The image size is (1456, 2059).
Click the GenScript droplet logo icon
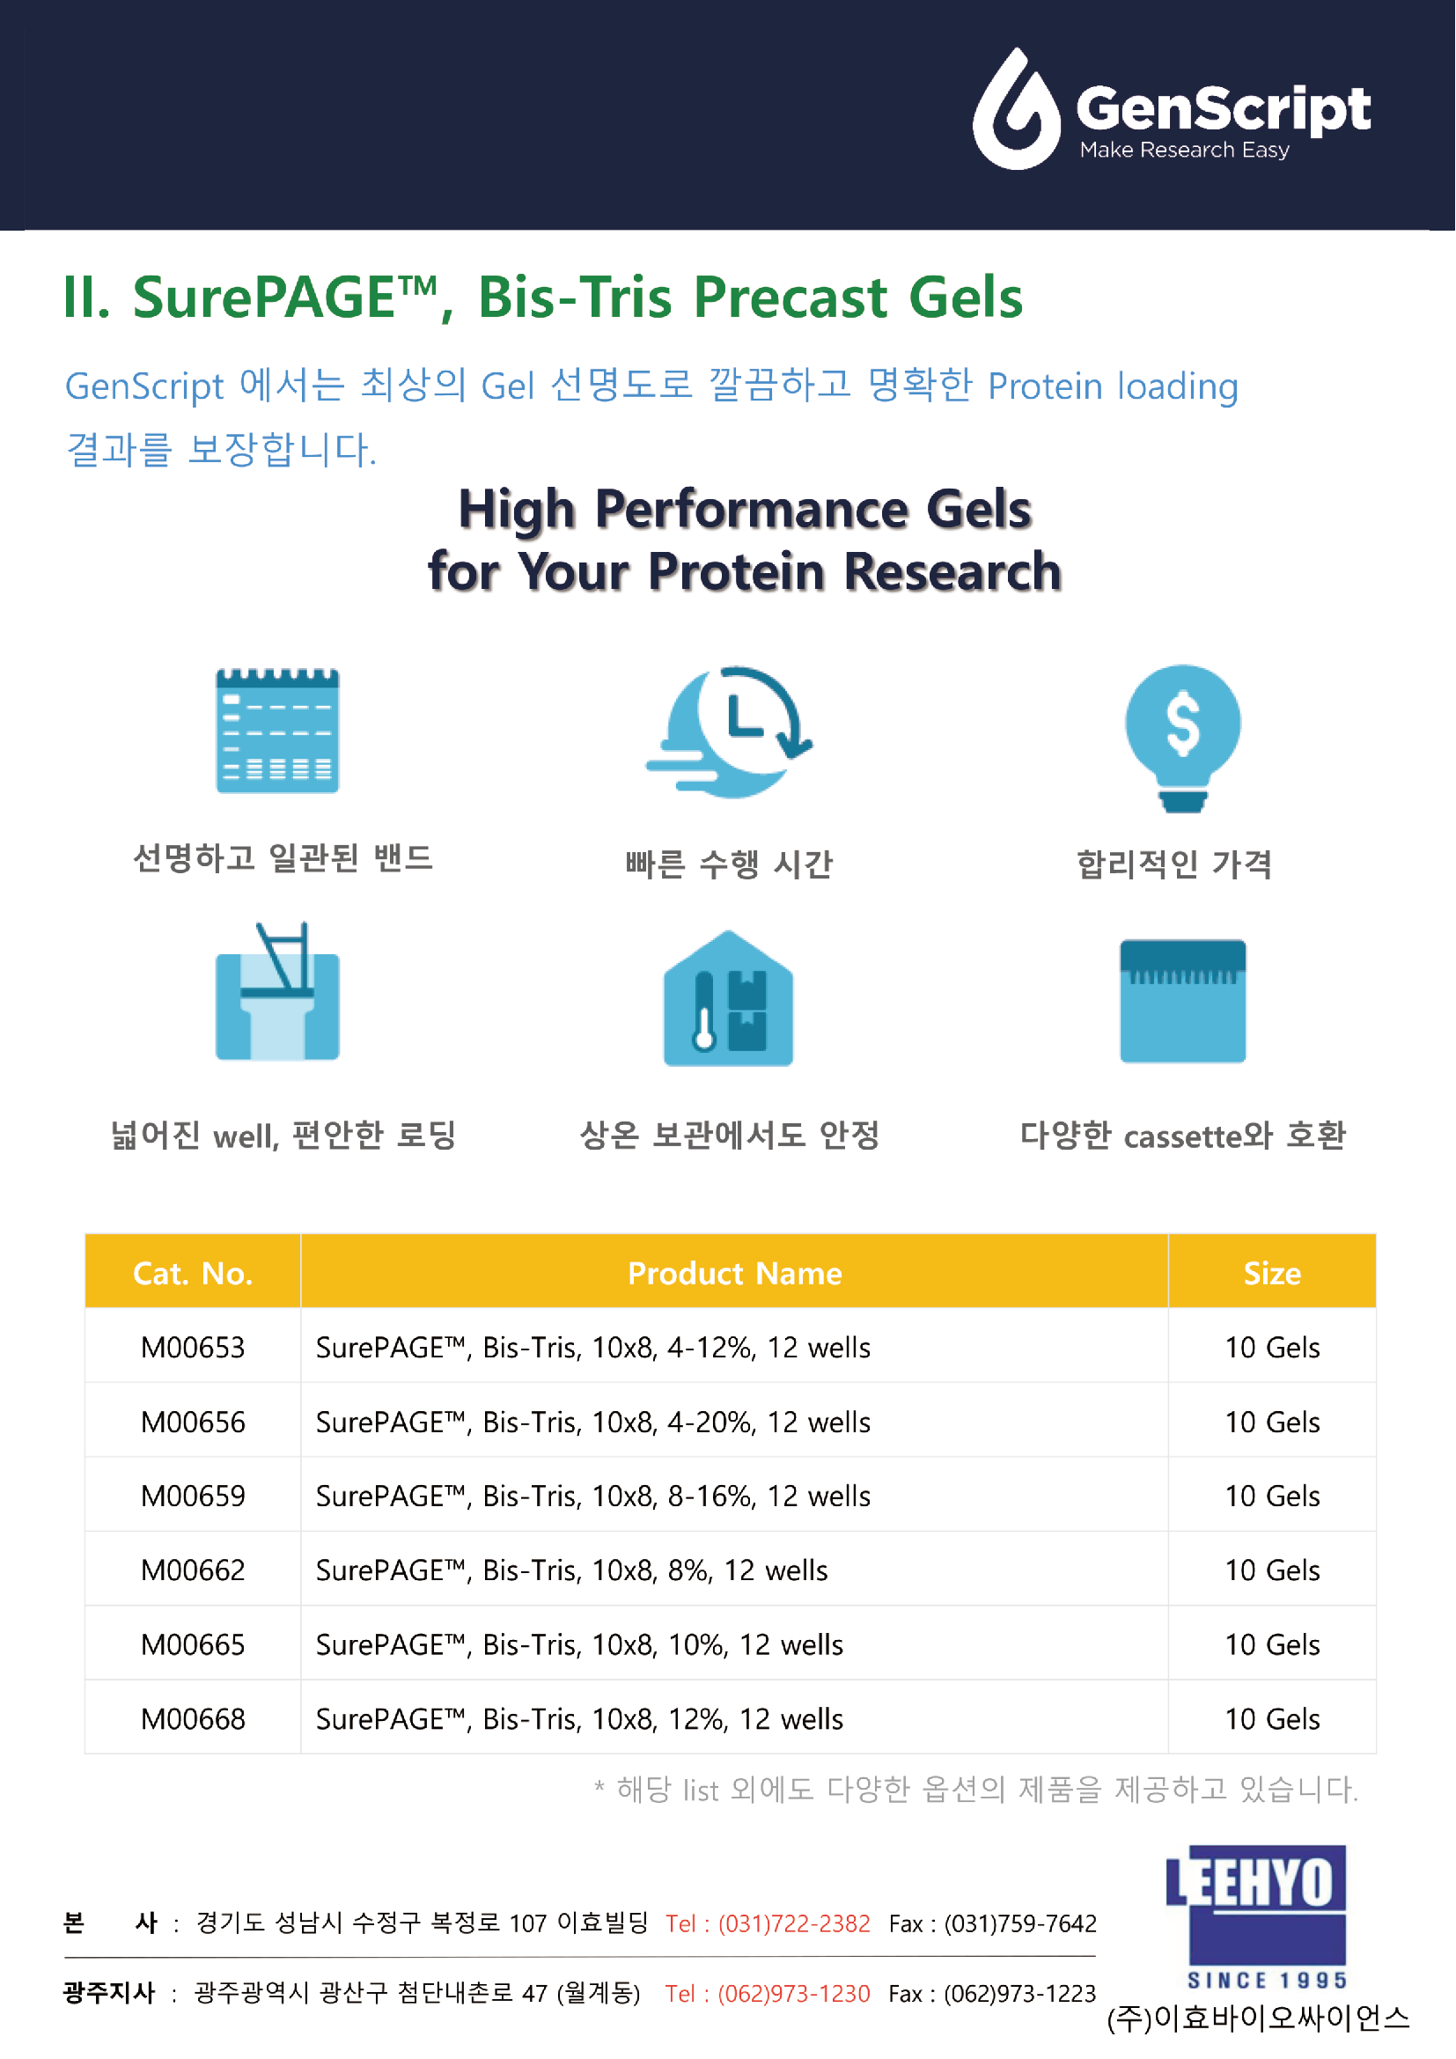[1017, 110]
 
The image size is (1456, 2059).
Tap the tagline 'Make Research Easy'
[1184, 150]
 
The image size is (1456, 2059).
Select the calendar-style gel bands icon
[277, 730]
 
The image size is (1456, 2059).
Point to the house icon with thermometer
[728, 999]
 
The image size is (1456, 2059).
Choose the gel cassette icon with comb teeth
[1182, 1000]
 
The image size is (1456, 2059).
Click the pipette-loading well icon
[277, 994]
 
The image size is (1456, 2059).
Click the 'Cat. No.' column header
[193, 1273]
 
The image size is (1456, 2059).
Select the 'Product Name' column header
[734, 1273]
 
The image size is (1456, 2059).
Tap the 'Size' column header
[1271, 1273]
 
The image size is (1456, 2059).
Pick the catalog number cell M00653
[193, 1347]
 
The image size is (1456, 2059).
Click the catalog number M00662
[193, 1570]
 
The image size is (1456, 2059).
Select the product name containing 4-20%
[592, 1422]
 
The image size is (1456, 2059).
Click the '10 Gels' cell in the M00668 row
[1271, 1718]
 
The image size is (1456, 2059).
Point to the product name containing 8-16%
[592, 1496]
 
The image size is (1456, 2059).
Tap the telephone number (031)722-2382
[793, 1923]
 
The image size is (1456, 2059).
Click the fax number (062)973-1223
[1019, 1993]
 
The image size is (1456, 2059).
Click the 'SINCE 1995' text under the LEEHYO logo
[1266, 1980]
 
